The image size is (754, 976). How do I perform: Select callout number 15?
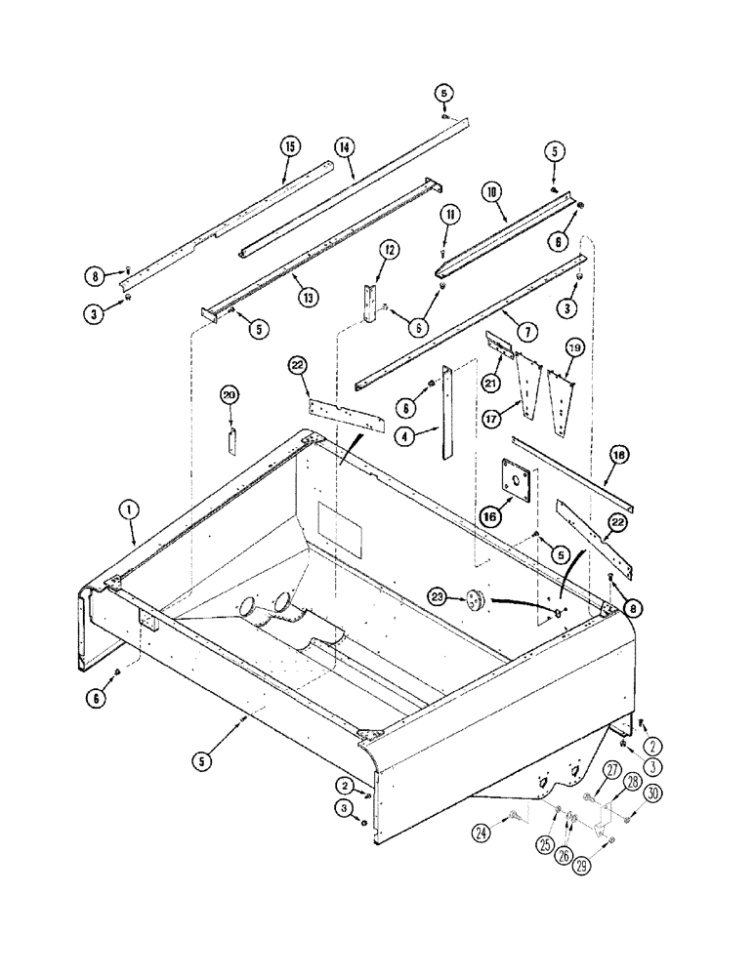[x=289, y=147]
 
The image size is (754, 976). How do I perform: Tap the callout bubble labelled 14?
[x=344, y=147]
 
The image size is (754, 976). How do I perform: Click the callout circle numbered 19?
[x=574, y=346]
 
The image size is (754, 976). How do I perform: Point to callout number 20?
[x=230, y=395]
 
